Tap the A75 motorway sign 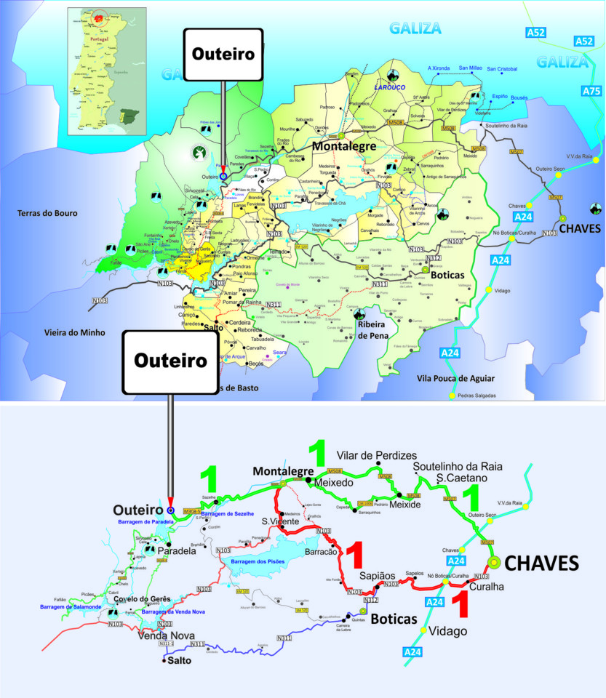tap(591, 91)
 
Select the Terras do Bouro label tap(48, 214)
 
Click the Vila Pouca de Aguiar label tap(456, 378)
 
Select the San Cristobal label tap(502, 69)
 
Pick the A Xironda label tap(439, 68)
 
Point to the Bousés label tap(519, 97)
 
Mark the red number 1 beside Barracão tap(354, 555)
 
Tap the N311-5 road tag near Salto tap(166, 643)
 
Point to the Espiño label tap(500, 96)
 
